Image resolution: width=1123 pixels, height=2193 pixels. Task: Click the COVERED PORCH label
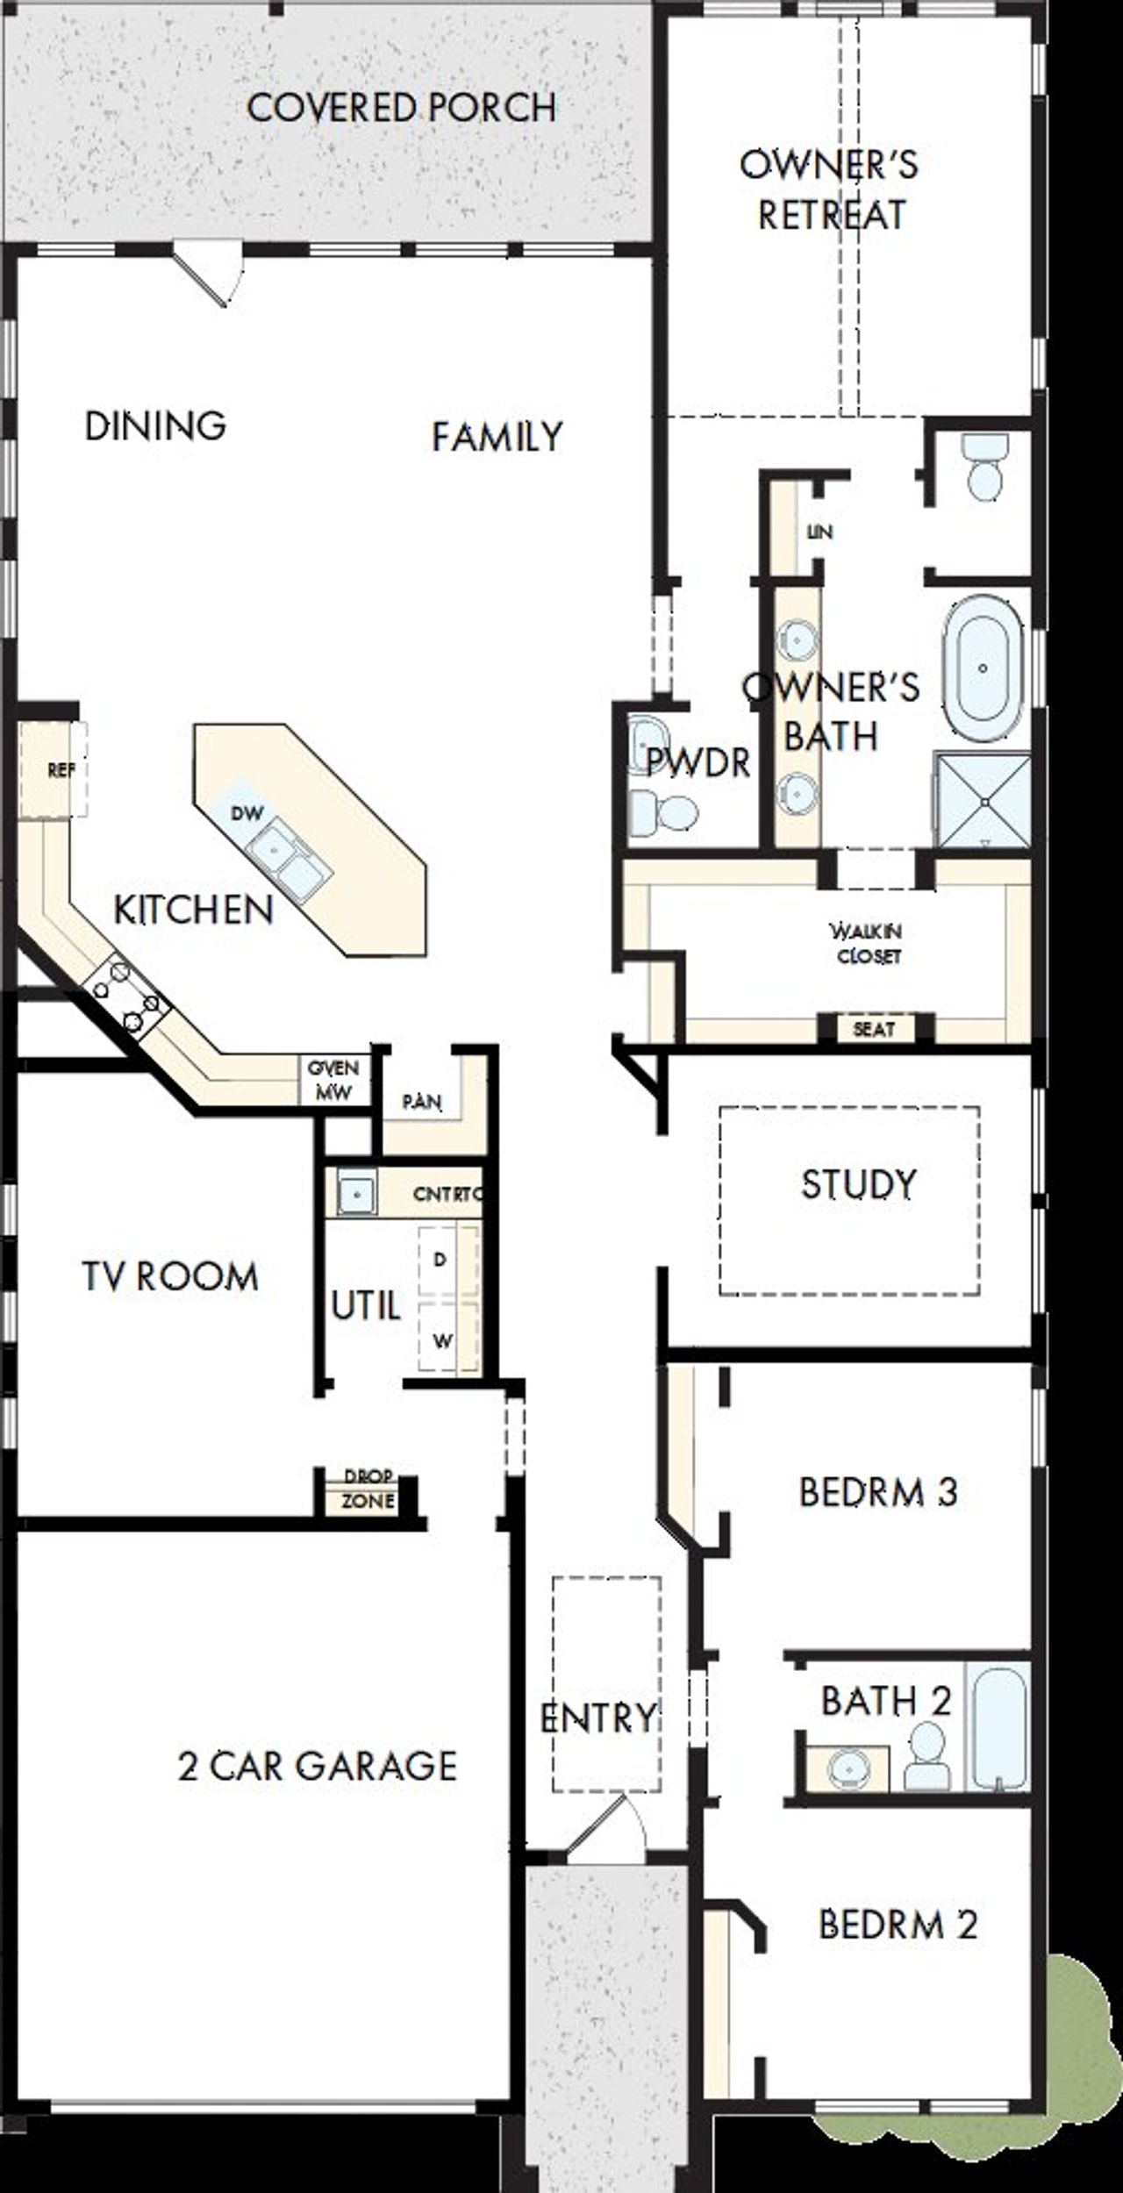point(402,108)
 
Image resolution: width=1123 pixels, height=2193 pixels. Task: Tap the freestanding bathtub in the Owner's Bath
point(983,668)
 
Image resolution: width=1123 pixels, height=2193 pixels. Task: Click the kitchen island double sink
point(290,856)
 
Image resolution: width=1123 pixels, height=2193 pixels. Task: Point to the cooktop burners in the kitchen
point(128,996)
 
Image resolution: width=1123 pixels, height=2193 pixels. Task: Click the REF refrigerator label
point(60,770)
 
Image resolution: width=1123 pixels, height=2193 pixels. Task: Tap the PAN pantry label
point(422,1102)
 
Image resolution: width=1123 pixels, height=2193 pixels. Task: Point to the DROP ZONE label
point(368,1489)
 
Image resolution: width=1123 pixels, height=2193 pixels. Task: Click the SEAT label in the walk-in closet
point(874,1029)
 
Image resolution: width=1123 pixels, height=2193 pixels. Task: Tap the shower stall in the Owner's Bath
point(983,799)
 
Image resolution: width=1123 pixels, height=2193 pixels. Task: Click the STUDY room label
point(858,1184)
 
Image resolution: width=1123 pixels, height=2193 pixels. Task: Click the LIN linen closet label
point(819,532)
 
